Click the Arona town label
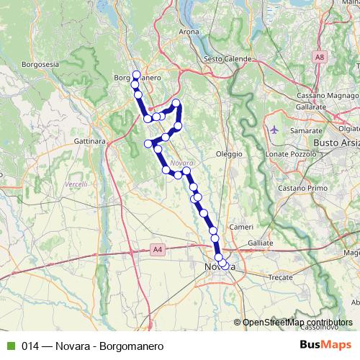(189, 32)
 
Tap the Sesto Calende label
(227, 58)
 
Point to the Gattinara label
(90, 141)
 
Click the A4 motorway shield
(158, 249)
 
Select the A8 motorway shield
(319, 55)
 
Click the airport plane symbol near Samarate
(274, 130)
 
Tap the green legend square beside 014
(9, 346)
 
